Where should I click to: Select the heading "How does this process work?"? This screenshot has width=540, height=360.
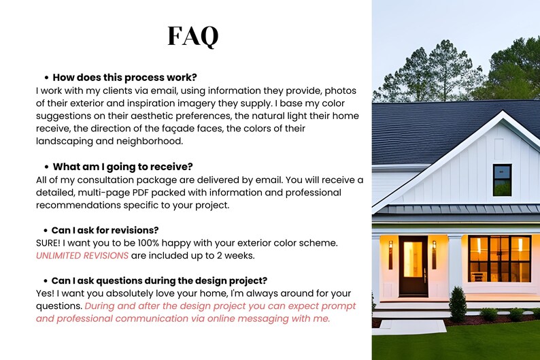tap(124, 78)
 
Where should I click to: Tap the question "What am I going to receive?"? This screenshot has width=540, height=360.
tap(123, 167)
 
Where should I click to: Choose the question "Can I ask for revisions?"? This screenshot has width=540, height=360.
tap(105, 230)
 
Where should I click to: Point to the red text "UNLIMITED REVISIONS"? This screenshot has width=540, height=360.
tap(82, 255)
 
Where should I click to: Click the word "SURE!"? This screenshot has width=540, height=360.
tap(50, 243)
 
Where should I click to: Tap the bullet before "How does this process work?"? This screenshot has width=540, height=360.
tap(46, 78)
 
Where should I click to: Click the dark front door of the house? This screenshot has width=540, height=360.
tap(413, 265)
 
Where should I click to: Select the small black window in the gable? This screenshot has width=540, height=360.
tap(502, 180)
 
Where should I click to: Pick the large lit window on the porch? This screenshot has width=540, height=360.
tap(499, 259)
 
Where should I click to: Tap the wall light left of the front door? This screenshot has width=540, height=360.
tap(390, 255)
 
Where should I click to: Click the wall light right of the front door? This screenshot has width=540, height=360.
tap(434, 255)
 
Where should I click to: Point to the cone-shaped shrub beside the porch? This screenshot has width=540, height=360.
tap(458, 304)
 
